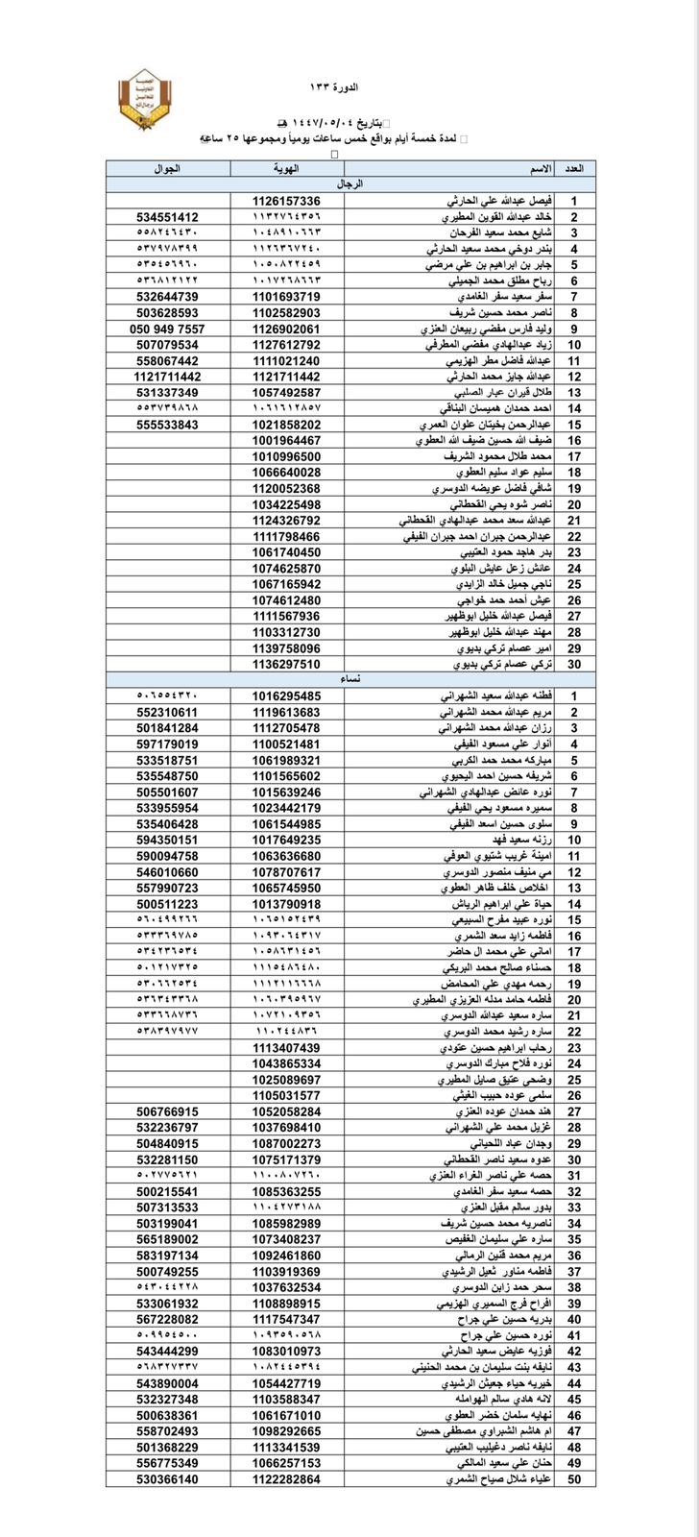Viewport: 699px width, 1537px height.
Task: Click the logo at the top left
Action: (144, 99)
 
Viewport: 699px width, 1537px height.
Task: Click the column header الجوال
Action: (167, 169)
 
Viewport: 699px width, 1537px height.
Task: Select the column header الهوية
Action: (286, 169)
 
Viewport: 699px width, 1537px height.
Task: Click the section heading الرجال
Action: (350, 184)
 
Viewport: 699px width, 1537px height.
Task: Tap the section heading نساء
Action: (350, 679)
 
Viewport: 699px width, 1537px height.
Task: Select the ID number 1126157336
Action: (286, 201)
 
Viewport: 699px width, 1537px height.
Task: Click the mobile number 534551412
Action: (167, 217)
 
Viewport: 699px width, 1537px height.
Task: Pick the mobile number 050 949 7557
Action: (167, 329)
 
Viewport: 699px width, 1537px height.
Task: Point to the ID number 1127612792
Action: (286, 344)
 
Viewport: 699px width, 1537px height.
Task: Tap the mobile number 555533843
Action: (167, 424)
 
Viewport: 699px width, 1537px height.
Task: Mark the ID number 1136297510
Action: (286, 663)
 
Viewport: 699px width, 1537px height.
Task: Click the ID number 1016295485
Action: (286, 695)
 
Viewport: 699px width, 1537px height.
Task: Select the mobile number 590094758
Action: (167, 855)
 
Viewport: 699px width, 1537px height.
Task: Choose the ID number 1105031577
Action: (286, 1095)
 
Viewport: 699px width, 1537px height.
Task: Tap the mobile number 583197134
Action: (167, 1255)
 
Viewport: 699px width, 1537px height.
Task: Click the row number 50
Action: (574, 1479)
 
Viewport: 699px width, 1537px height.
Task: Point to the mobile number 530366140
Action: (167, 1479)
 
